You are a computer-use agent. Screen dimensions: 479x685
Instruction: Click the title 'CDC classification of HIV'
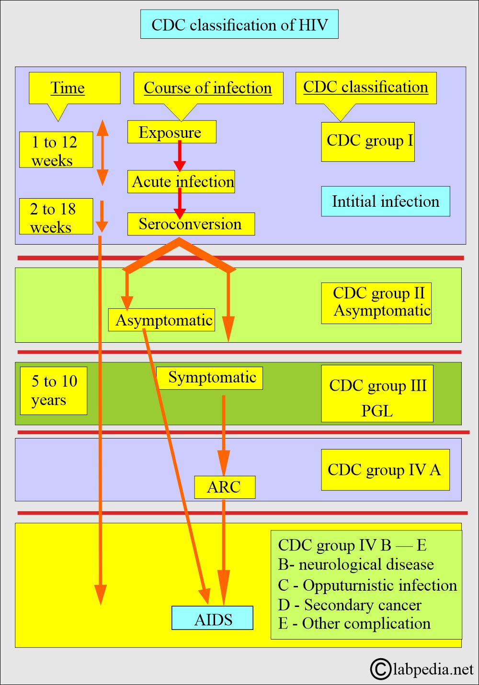tap(239, 24)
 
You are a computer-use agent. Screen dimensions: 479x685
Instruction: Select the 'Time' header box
tap(75, 88)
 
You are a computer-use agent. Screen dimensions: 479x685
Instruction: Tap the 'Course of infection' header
tap(208, 88)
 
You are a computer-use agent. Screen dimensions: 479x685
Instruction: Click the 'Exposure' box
tap(171, 132)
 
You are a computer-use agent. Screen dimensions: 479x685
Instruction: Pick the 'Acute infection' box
tap(181, 181)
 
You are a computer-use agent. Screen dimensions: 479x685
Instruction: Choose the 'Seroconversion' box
tap(191, 224)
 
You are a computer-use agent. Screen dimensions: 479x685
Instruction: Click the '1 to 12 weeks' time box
tap(56, 149)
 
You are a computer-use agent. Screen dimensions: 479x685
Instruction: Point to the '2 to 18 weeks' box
tap(56, 216)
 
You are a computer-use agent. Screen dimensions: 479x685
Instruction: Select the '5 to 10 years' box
tap(54, 391)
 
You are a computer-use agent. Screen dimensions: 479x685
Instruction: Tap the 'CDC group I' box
tap(368, 142)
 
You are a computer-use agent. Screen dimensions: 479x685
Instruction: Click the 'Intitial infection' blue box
tap(386, 201)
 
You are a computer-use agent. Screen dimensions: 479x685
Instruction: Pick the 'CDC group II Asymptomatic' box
tap(376, 303)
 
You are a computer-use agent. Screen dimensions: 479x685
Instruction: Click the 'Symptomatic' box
tap(209, 378)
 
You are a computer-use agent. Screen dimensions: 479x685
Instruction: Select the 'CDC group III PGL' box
tap(377, 393)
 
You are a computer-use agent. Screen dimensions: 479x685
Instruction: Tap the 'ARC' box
tap(225, 487)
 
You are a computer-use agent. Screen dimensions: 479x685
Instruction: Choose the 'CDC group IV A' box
tap(385, 470)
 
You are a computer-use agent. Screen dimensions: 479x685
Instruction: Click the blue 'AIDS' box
tap(212, 618)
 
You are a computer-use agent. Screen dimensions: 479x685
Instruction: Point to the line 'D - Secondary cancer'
tap(350, 605)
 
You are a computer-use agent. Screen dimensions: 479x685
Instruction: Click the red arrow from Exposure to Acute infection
tap(180, 156)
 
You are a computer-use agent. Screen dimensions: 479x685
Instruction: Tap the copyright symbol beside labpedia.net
tap(380, 669)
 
